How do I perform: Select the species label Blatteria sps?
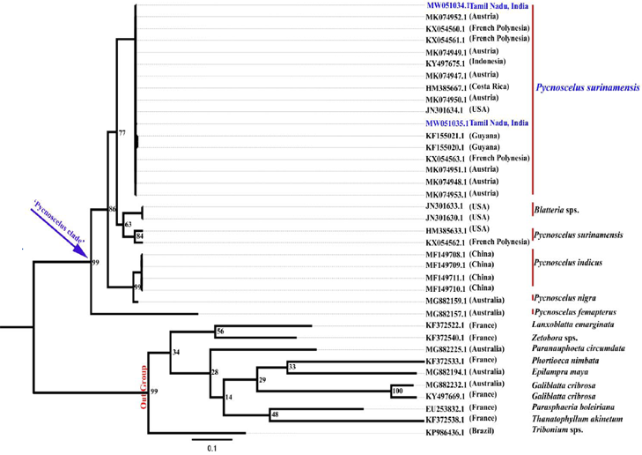point(560,211)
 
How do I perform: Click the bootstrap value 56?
point(220,332)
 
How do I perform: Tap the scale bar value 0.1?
point(211,448)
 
